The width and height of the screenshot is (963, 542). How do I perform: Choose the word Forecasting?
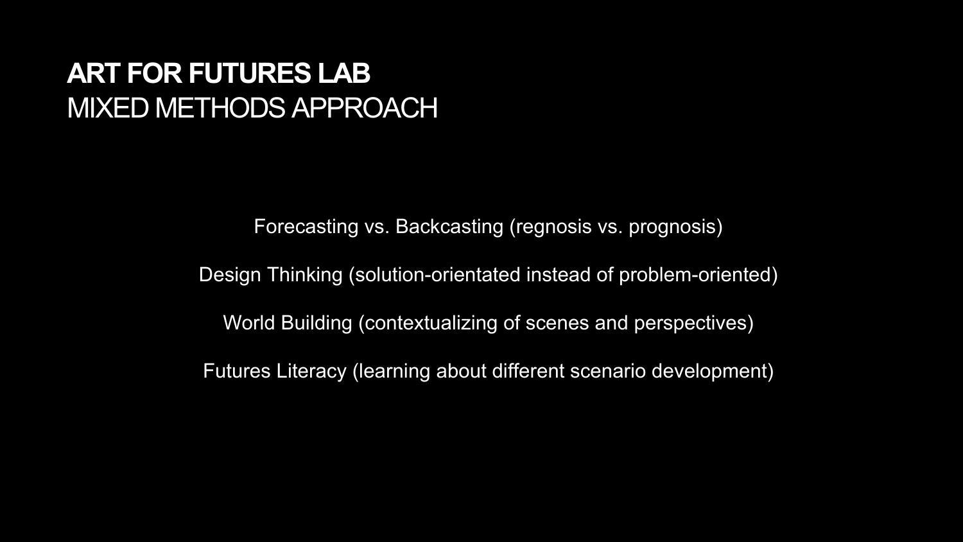click(x=306, y=227)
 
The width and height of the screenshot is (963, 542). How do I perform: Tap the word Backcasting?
click(x=449, y=227)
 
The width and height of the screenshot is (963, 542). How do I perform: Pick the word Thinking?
click(x=305, y=275)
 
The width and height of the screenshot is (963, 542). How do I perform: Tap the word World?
click(x=249, y=322)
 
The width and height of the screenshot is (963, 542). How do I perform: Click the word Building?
click(x=317, y=324)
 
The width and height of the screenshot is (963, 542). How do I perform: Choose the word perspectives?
click(x=690, y=324)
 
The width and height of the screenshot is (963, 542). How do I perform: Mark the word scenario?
click(x=608, y=371)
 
